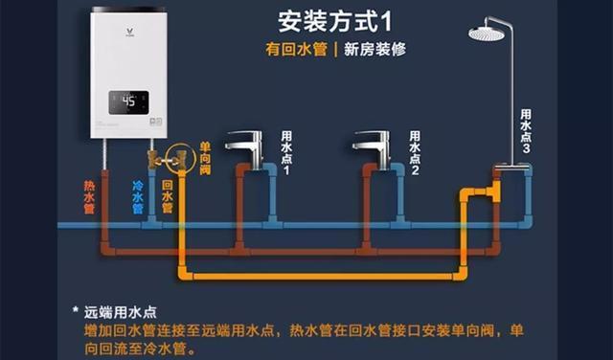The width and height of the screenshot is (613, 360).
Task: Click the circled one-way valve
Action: [178, 157]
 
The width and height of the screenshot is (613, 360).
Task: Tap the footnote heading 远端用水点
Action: [120, 311]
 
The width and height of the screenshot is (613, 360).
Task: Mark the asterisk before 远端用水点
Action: [75, 310]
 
